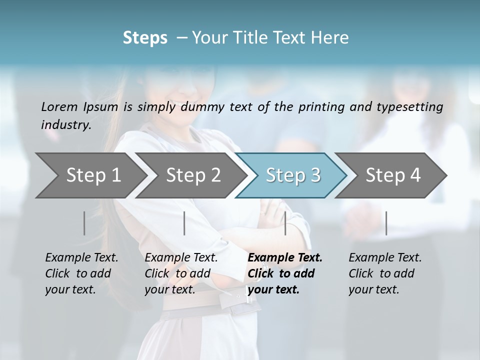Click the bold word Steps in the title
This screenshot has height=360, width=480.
click(x=145, y=38)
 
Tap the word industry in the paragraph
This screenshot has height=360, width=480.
click(x=65, y=125)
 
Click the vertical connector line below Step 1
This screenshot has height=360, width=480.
click(x=84, y=223)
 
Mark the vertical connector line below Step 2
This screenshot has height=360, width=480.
click(x=184, y=223)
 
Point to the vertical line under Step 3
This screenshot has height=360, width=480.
click(x=285, y=223)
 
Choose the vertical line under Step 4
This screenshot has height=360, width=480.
click(x=386, y=223)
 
